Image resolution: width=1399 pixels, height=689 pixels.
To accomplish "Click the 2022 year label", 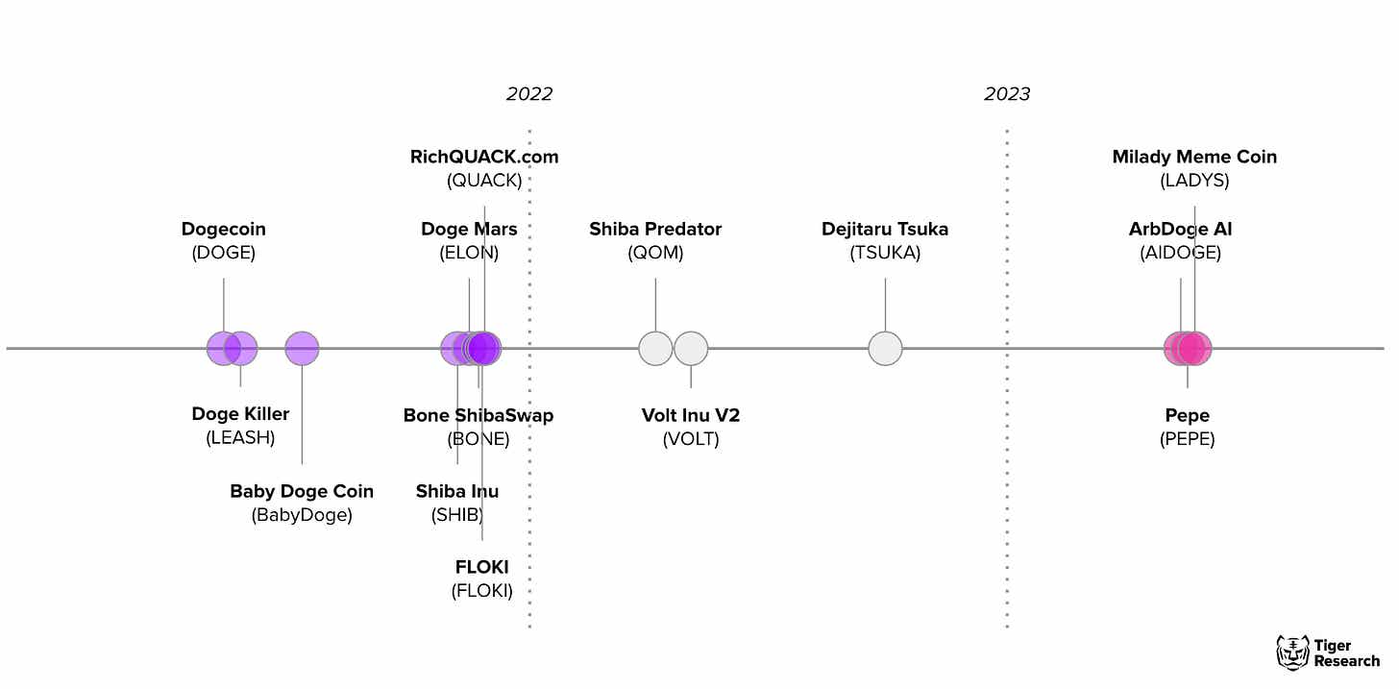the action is [529, 94].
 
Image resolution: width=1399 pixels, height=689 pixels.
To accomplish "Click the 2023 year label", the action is [1007, 94].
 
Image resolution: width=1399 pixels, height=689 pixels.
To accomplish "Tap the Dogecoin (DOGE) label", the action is [224, 240].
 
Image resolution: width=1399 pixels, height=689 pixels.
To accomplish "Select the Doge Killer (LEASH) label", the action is [240, 426].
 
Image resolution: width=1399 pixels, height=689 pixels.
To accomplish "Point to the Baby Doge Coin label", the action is [302, 503].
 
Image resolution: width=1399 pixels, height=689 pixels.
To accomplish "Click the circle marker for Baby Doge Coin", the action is [302, 348].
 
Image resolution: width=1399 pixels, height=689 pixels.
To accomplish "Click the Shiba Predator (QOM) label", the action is [655, 240].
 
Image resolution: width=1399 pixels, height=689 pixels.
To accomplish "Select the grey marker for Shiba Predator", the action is [655, 348].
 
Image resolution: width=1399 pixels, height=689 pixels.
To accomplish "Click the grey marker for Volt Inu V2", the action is [691, 348].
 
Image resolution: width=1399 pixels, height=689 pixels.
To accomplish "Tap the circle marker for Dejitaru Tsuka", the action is [885, 348].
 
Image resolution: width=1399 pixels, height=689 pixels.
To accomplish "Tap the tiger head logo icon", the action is [1292, 652].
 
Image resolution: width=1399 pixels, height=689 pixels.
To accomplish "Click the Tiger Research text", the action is [1346, 653].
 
